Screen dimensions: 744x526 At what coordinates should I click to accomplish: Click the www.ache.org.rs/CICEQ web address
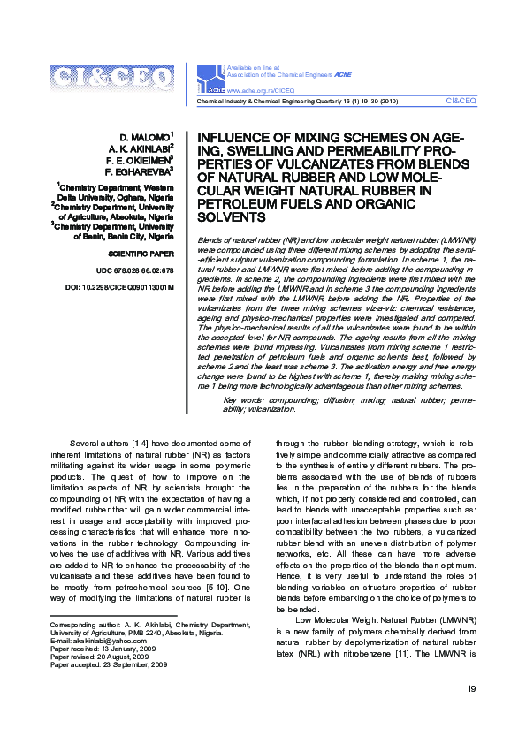click(x=263, y=91)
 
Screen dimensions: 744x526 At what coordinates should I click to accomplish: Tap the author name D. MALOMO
click(x=145, y=138)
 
